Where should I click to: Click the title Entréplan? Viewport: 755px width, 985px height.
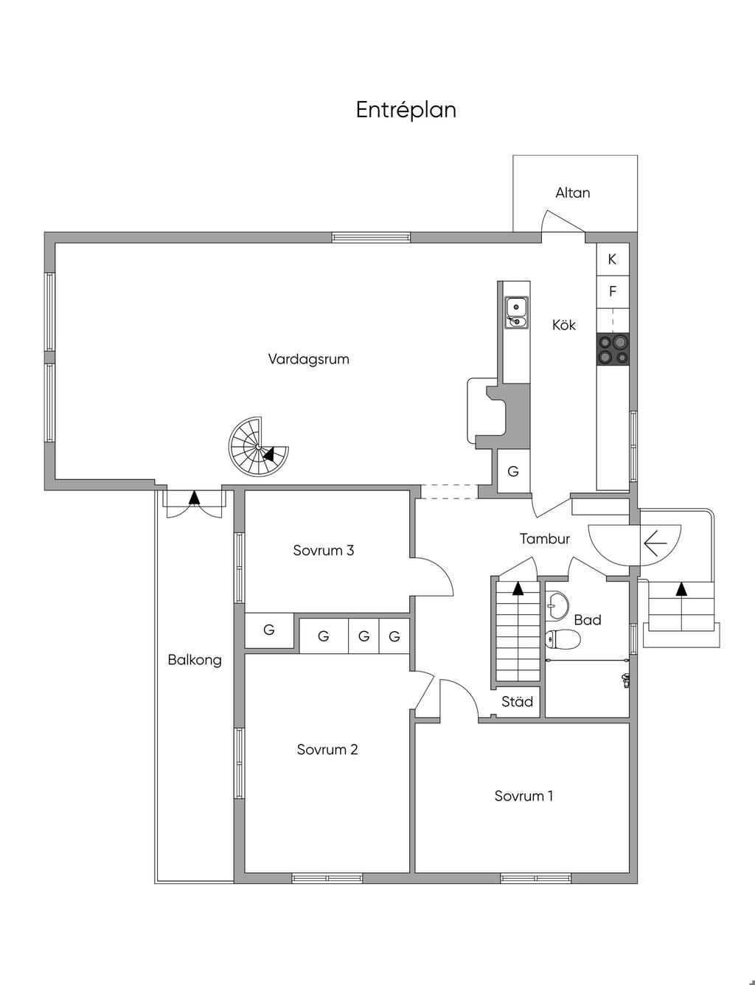pyautogui.click(x=406, y=110)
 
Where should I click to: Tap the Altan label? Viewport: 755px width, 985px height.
pyautogui.click(x=573, y=193)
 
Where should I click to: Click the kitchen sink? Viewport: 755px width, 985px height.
pyautogui.click(x=516, y=312)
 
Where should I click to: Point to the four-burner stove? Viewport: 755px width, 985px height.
pyautogui.click(x=613, y=349)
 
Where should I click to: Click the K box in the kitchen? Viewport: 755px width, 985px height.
pyautogui.click(x=612, y=260)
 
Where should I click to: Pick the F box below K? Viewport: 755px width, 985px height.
pyautogui.click(x=612, y=292)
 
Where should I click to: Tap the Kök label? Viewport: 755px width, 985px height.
pyautogui.click(x=564, y=324)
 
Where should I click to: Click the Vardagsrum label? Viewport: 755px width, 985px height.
pyautogui.click(x=308, y=360)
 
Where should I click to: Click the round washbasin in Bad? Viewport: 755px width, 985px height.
pyautogui.click(x=558, y=604)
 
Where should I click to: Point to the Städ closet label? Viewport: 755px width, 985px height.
pyautogui.click(x=517, y=702)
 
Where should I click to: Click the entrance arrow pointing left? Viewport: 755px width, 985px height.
pyautogui.click(x=655, y=543)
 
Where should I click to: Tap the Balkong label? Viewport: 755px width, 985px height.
pyautogui.click(x=195, y=660)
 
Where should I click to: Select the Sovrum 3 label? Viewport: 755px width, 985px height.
pyautogui.click(x=324, y=551)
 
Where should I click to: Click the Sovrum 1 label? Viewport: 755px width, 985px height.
pyautogui.click(x=523, y=796)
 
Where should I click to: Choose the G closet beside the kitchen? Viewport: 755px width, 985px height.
pyautogui.click(x=513, y=471)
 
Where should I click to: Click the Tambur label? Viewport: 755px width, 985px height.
pyautogui.click(x=545, y=539)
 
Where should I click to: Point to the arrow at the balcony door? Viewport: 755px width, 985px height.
pyautogui.click(x=194, y=498)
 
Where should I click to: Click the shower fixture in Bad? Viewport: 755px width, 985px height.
pyautogui.click(x=626, y=680)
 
